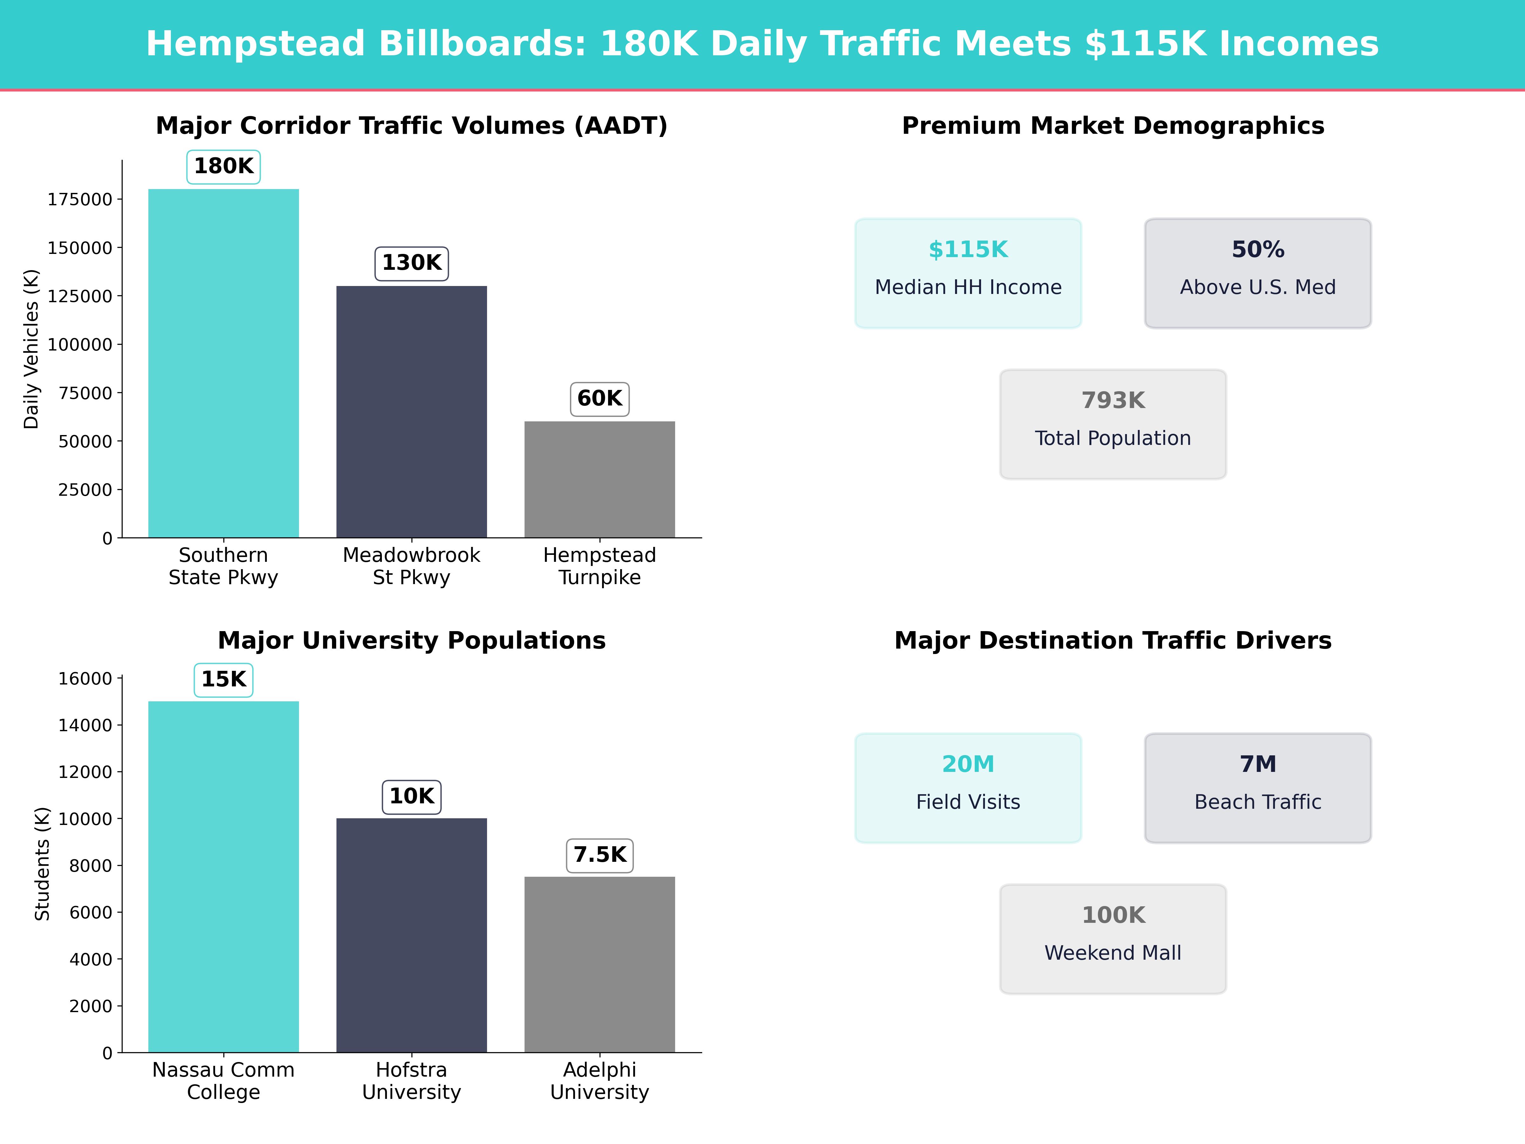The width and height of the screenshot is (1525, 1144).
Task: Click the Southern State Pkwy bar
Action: (x=223, y=364)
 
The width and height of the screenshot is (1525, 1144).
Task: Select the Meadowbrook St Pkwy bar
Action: (x=411, y=412)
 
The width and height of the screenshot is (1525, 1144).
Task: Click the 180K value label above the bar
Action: (x=223, y=166)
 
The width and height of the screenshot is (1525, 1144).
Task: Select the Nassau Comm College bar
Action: (x=223, y=876)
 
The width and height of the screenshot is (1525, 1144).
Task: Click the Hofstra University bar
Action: (x=411, y=935)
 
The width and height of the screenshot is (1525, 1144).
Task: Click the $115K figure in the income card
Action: (x=968, y=250)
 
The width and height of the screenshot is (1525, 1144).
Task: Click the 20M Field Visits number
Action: (x=968, y=764)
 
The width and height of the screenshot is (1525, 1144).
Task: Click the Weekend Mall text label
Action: (x=1113, y=953)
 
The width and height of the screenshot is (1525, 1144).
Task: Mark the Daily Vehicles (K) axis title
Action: (x=31, y=349)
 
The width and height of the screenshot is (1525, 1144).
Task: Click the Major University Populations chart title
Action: (x=411, y=641)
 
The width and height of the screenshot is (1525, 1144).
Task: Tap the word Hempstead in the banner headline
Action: (x=255, y=44)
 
